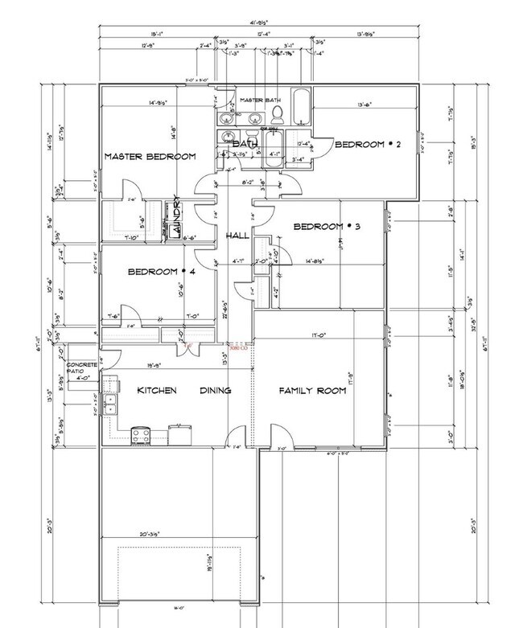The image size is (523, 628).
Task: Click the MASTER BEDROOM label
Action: [149, 156]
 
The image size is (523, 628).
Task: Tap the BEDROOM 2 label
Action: [367, 145]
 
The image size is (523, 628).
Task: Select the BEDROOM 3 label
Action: [326, 227]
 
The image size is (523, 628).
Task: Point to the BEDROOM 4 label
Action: [161, 273]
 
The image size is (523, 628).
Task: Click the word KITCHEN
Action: [157, 391]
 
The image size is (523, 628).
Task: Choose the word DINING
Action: [216, 391]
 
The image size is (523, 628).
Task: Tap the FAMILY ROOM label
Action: [312, 391]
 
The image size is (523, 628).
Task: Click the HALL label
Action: [237, 235]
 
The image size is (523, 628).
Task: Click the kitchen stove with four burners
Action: [142, 436]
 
